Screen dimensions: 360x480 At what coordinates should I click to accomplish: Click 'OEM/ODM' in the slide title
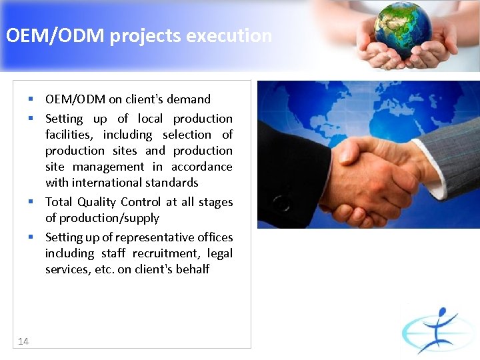(55, 35)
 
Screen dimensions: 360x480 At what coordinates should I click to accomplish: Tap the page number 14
(23, 341)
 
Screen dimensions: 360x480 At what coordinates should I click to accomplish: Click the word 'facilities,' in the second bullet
(71, 135)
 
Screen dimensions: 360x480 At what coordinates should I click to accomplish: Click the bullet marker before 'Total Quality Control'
(31, 201)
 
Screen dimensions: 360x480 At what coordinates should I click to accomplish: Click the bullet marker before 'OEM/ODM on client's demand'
(31, 99)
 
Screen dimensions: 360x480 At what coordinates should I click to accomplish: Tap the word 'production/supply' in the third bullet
(109, 218)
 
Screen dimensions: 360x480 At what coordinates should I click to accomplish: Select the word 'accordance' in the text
(201, 167)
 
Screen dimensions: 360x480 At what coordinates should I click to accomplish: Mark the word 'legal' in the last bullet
(219, 253)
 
